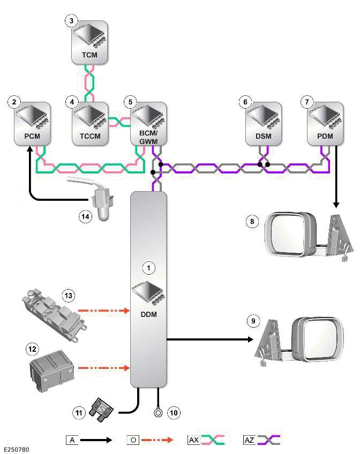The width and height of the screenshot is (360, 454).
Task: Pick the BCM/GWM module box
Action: tap(149, 125)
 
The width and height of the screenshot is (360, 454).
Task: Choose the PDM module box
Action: tap(325, 125)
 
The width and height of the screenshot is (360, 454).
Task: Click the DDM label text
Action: tap(148, 314)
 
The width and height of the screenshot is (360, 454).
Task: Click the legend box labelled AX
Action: tap(193, 440)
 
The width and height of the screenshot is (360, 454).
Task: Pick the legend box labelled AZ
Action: tap(249, 440)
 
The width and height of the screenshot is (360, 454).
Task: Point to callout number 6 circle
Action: tap(245, 102)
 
